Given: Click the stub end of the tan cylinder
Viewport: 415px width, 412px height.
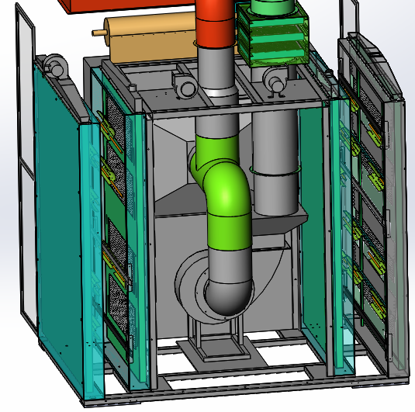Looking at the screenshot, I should click(98, 33).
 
